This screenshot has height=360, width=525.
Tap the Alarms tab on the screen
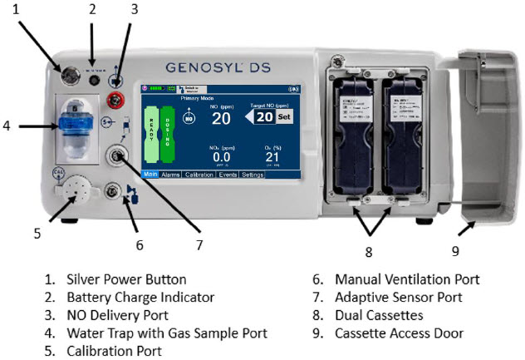click(x=170, y=175)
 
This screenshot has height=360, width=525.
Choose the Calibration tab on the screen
click(x=199, y=175)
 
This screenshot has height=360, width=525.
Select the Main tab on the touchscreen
click(x=150, y=175)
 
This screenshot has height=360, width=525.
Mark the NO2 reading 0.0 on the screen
click(x=221, y=157)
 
